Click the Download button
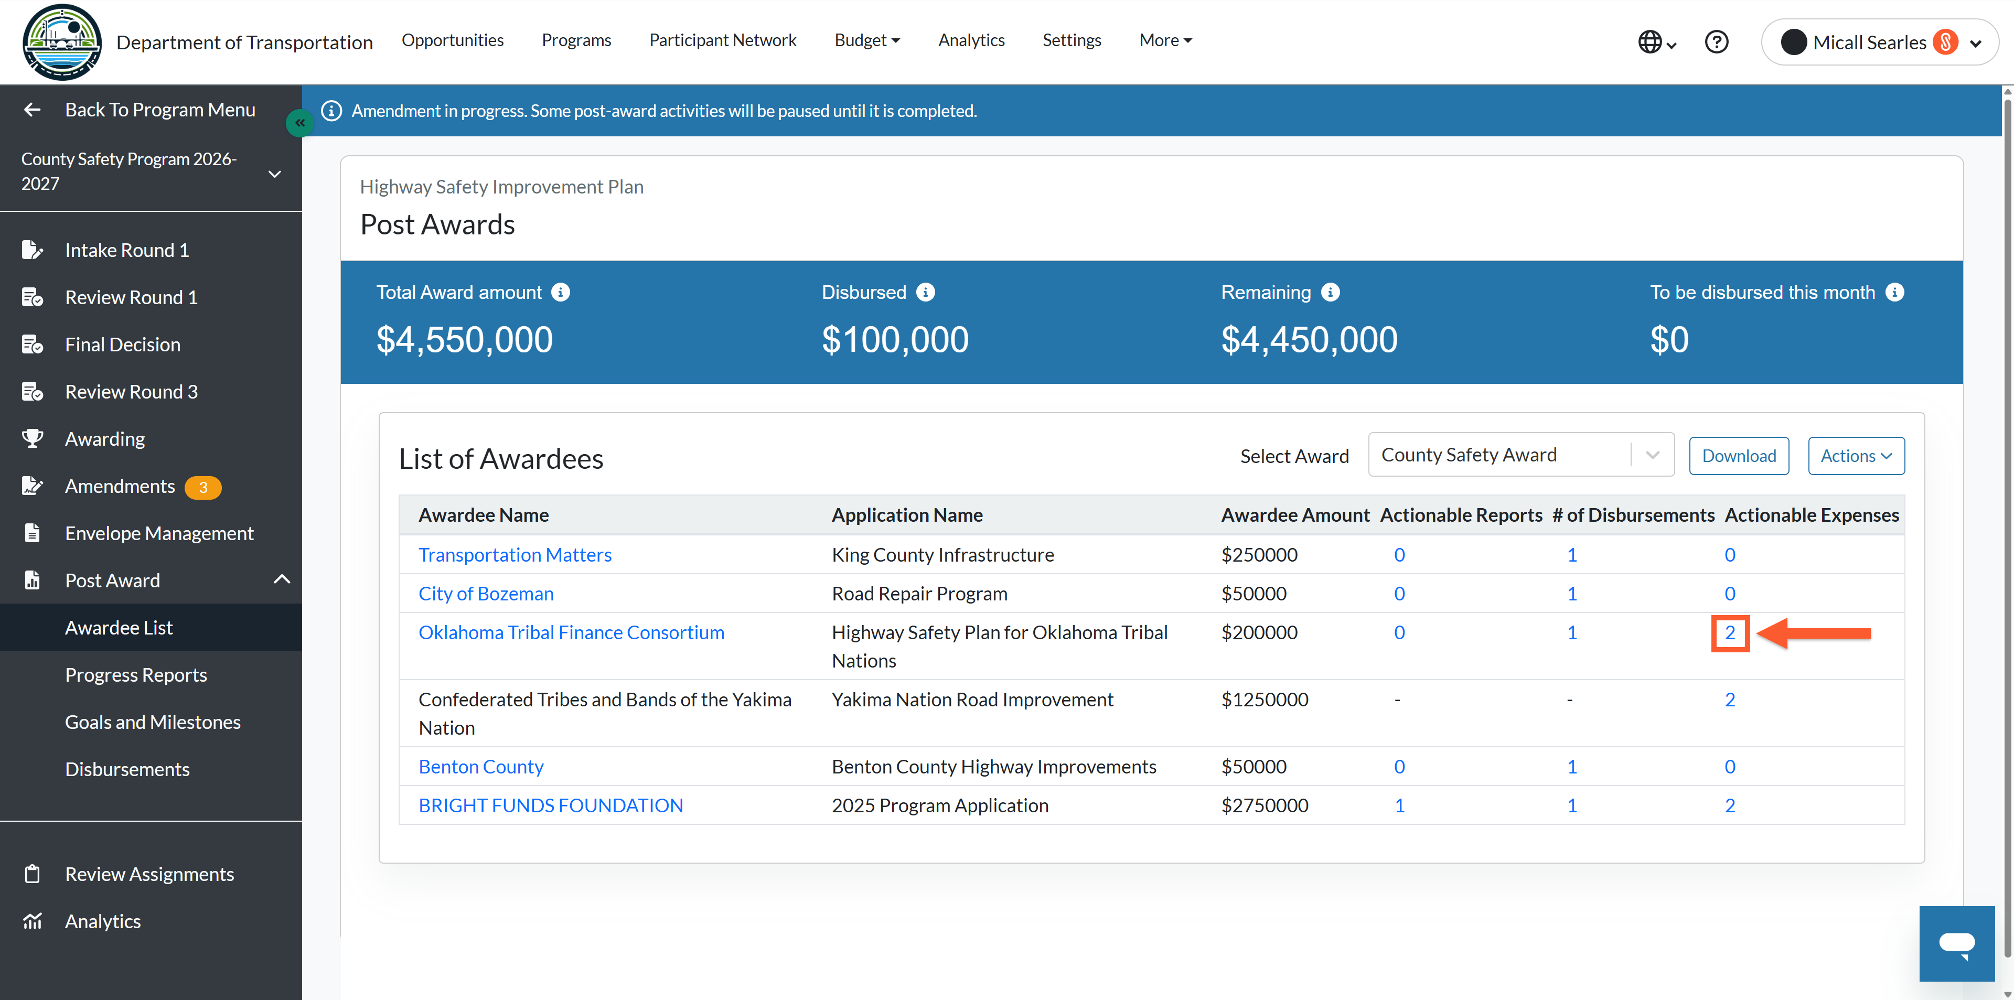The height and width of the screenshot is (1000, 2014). [1738, 456]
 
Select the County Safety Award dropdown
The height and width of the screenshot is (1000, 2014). [1520, 455]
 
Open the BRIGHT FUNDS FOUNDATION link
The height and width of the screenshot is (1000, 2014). [550, 805]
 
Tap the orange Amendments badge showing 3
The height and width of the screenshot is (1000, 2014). [202, 487]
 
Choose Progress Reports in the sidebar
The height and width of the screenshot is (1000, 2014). [136, 675]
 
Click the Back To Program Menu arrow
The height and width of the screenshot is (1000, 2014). [32, 110]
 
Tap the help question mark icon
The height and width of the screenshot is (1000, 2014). [1716, 41]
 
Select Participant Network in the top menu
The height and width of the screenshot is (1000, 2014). [722, 40]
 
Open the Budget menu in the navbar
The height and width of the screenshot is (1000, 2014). [867, 40]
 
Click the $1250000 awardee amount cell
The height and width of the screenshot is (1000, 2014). [1264, 700]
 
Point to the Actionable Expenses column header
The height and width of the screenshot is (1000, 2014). [1812, 515]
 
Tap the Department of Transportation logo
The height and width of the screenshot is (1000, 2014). [62, 42]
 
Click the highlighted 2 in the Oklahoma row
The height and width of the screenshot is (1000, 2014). [1729, 632]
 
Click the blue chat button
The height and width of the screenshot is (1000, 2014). [1956, 944]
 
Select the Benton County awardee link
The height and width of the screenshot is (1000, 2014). [481, 767]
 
